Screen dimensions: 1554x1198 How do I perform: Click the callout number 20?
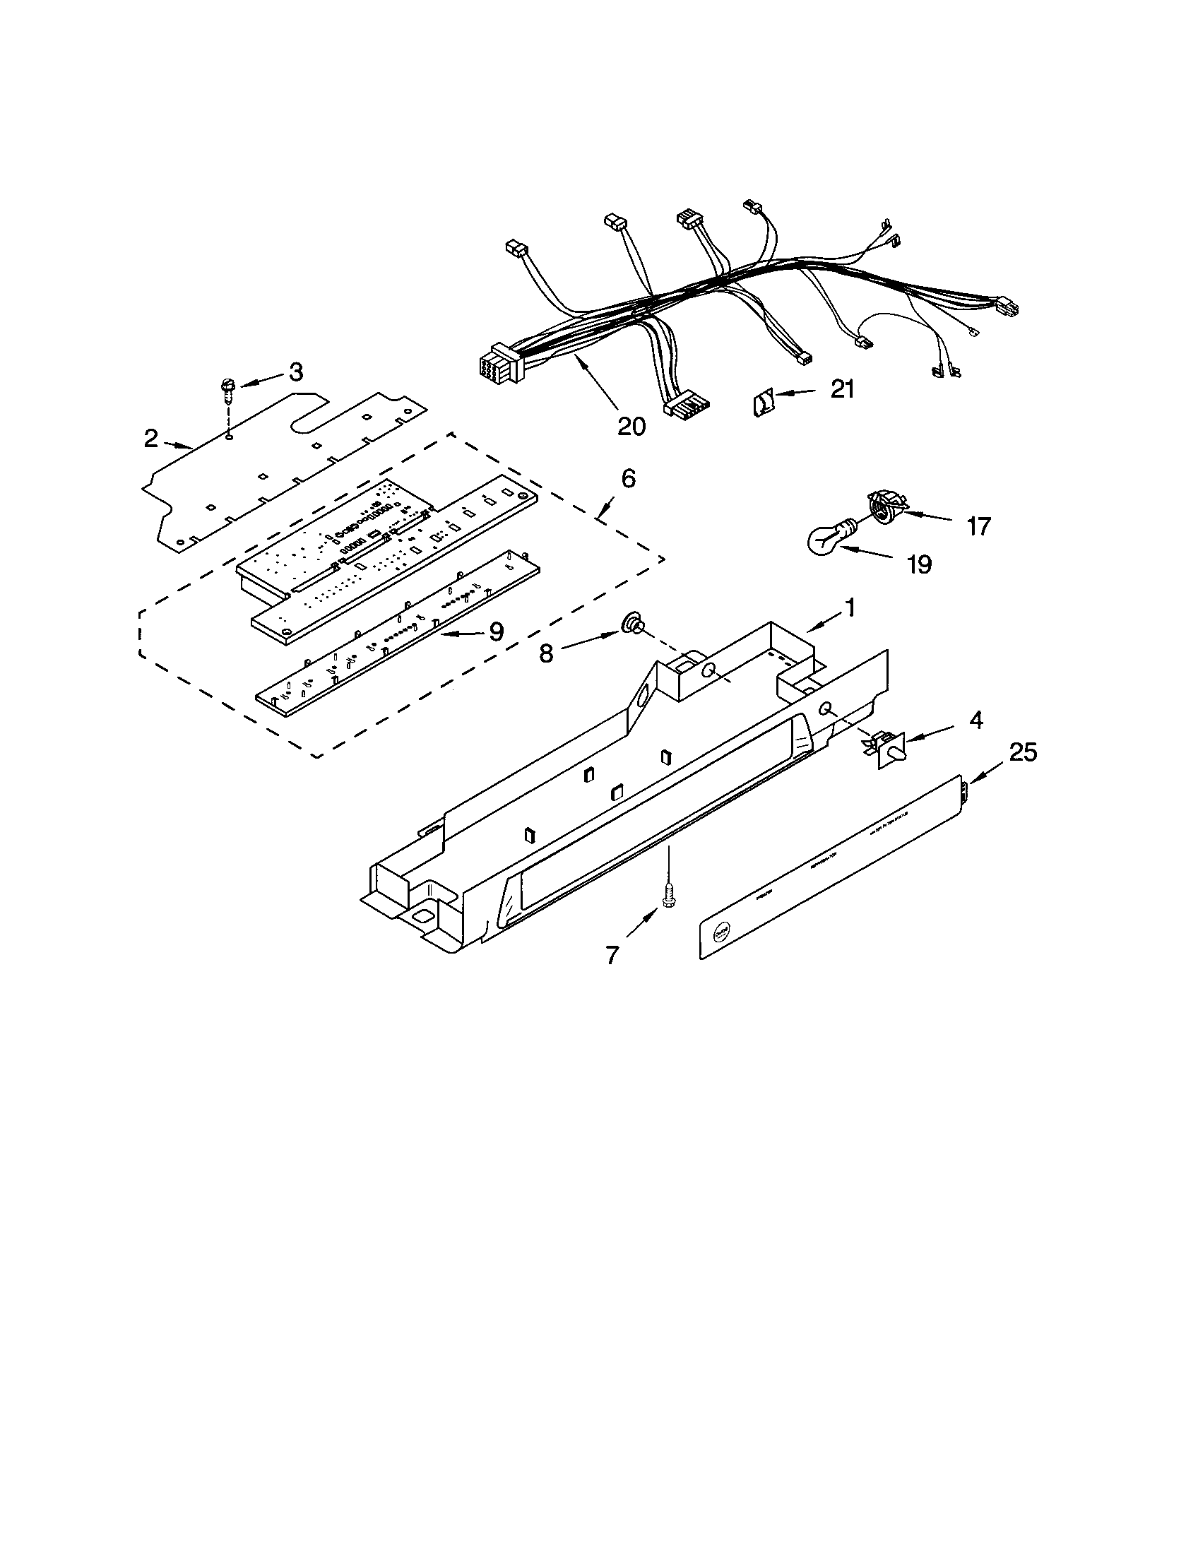631,426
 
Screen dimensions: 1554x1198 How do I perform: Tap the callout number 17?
978,526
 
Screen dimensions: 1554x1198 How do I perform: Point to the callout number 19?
918,564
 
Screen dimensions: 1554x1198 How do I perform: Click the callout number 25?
1023,752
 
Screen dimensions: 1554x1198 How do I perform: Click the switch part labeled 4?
888,749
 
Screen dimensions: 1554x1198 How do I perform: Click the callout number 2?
150,439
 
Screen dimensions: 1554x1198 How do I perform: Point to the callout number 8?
545,653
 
